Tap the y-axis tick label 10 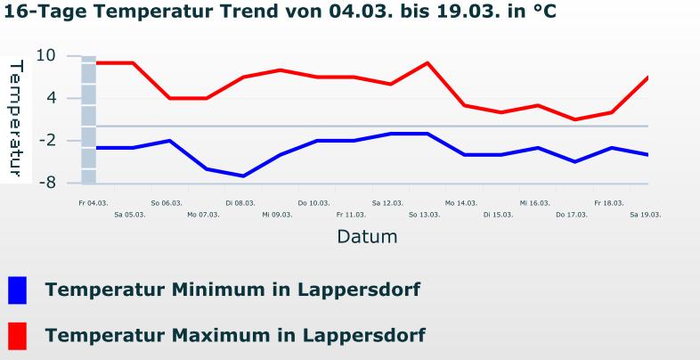[46, 55]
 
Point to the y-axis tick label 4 [51, 97]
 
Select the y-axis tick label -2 [46, 140]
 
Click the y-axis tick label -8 [46, 183]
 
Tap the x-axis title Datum [367, 237]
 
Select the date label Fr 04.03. [93, 203]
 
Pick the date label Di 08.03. [240, 203]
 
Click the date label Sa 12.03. [387, 203]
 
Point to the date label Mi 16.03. [534, 203]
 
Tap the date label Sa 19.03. [645, 215]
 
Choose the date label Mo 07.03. [203, 215]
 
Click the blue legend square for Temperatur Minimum [17, 290]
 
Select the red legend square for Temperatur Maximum [17, 336]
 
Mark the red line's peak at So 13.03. [427, 63]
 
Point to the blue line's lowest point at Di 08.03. [243, 176]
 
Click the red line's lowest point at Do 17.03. [575, 119]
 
